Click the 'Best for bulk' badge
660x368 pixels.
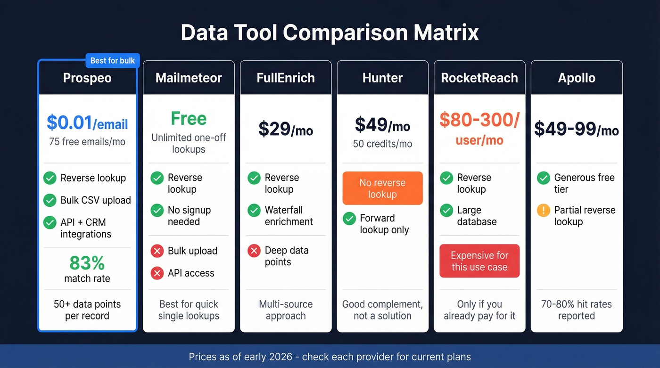tap(113, 60)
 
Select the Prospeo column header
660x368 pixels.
tap(87, 78)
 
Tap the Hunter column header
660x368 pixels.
tap(382, 78)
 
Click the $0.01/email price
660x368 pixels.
tap(87, 123)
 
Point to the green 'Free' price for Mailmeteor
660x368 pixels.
tap(189, 118)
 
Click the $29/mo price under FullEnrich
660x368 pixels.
tap(286, 129)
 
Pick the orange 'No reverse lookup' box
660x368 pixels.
tap(382, 188)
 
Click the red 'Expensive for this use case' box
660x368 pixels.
tap(479, 261)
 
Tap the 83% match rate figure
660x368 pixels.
tap(87, 263)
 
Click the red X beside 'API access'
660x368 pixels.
tap(157, 273)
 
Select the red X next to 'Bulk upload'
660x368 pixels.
tap(157, 251)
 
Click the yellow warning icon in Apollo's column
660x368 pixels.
tap(544, 210)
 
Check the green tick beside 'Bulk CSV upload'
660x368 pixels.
tap(50, 200)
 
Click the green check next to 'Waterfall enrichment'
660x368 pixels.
tap(254, 210)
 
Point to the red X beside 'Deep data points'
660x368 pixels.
tap(254, 251)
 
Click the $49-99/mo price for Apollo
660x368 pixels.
tap(576, 129)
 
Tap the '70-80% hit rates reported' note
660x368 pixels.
tap(576, 310)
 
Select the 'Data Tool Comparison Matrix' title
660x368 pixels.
tap(330, 33)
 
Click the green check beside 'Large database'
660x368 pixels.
tap(446, 210)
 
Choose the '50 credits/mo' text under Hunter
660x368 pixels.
tap(382, 144)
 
